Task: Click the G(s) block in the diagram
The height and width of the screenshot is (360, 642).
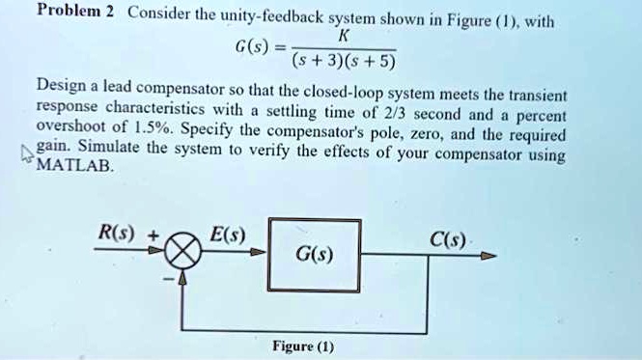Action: pos(315,256)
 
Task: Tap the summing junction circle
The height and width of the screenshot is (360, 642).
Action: pos(186,255)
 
